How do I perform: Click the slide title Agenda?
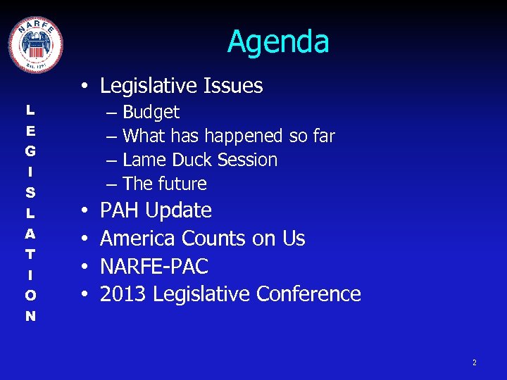point(278,42)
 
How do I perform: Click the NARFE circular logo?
point(35,44)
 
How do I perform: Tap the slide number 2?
point(474,362)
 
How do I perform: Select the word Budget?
point(151,113)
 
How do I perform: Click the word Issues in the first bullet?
point(233,86)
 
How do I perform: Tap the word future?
point(182,184)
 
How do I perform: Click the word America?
point(138,239)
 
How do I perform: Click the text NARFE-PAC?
point(154,267)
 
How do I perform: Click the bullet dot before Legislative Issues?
point(84,87)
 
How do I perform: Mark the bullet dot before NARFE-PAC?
point(84,267)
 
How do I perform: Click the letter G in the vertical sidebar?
point(30,151)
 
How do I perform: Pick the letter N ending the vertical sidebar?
point(30,316)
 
